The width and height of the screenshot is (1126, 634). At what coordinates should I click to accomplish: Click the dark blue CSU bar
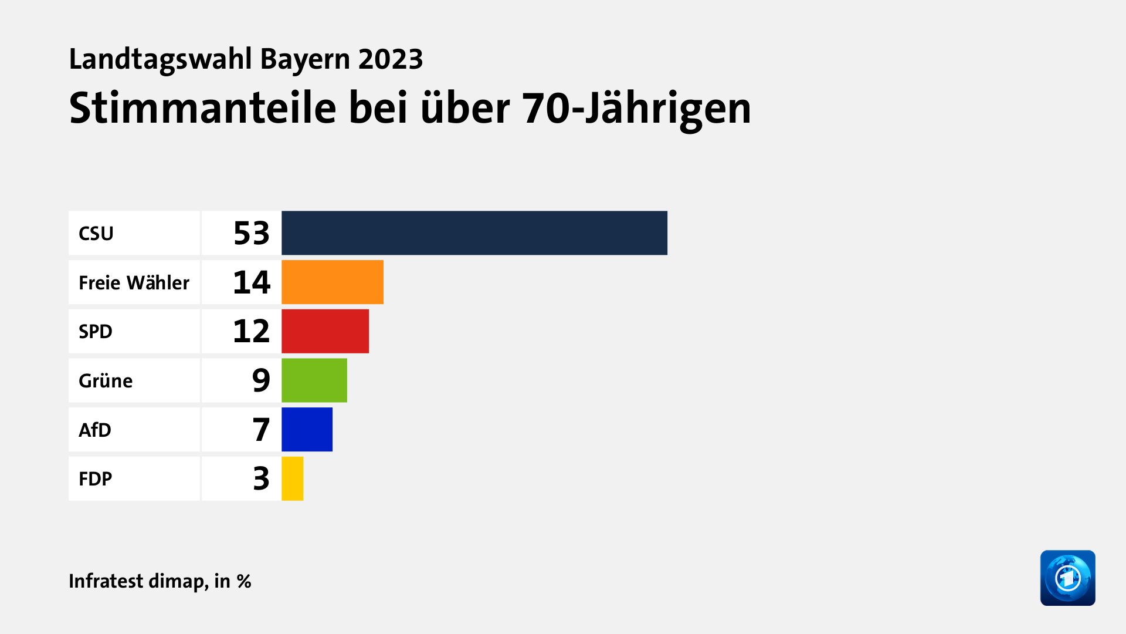point(474,233)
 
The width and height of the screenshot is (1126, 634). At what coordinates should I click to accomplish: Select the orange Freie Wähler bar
point(332,282)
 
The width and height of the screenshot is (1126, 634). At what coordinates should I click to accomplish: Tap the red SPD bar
point(325,331)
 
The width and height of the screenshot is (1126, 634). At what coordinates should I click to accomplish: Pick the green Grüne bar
point(314,380)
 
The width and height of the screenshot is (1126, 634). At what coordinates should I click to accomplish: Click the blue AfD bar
point(307,430)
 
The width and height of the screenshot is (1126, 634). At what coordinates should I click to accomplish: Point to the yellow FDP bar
point(292,478)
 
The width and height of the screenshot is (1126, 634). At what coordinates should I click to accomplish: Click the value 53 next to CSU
point(252,233)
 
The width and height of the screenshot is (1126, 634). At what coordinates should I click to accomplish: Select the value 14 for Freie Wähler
point(252,282)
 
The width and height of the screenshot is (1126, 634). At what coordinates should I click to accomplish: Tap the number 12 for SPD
point(252,331)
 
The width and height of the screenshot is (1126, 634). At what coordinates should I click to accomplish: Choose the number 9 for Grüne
point(261,380)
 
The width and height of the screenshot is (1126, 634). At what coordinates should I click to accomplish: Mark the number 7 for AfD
point(261,430)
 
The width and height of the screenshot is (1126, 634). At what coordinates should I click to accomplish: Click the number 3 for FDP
point(261,478)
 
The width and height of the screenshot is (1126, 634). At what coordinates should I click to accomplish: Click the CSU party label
point(96,234)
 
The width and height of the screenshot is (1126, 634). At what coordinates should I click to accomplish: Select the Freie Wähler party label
point(134,283)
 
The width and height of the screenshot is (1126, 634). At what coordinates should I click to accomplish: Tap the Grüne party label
point(106,381)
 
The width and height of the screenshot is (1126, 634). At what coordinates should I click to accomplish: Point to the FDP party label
point(95,479)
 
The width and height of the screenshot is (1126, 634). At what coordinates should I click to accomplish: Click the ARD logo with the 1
point(1067,578)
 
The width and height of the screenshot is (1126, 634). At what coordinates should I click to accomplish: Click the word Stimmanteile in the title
point(202,109)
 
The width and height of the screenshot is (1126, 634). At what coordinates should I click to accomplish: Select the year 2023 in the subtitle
point(391,59)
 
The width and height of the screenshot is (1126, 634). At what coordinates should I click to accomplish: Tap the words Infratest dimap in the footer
point(138,581)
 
